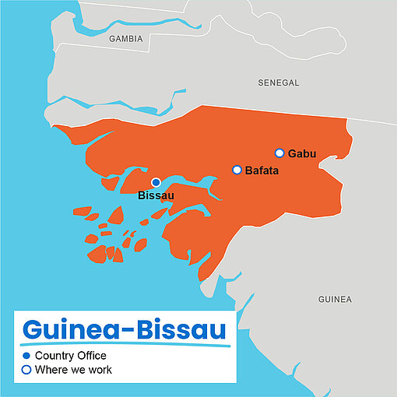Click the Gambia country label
pyautogui.click(x=125, y=38)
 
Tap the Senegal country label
pyautogui.click(x=279, y=83)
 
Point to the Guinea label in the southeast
pyautogui.click(x=335, y=299)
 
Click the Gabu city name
pyautogui.click(x=302, y=153)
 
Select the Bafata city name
pyautogui.click(x=262, y=170)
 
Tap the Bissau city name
pyautogui.click(x=156, y=195)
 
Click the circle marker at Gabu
pyautogui.click(x=279, y=153)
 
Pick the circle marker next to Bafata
pyautogui.click(x=237, y=170)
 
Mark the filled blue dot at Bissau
pyautogui.click(x=156, y=182)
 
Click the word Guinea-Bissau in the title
pyautogui.click(x=125, y=328)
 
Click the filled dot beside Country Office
pyautogui.click(x=26, y=356)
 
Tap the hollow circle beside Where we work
pyautogui.click(x=26, y=370)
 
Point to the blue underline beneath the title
pyautogui.click(x=125, y=344)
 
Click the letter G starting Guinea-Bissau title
pyautogui.click(x=33, y=329)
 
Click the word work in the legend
pyautogui.click(x=99, y=370)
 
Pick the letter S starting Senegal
pyautogui.click(x=261, y=83)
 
